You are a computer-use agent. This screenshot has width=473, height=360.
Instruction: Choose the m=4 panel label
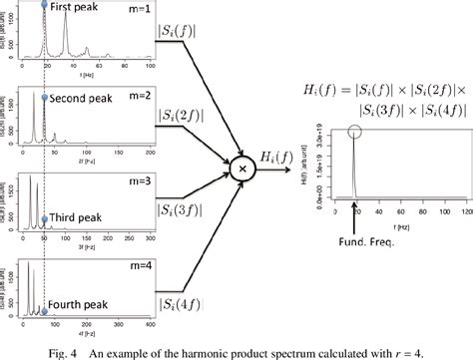pyautogui.click(x=134, y=265)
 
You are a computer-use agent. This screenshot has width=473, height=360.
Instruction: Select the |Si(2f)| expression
pyautogui.click(x=183, y=118)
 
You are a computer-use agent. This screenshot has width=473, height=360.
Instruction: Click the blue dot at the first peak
pyautogui.click(x=44, y=6)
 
